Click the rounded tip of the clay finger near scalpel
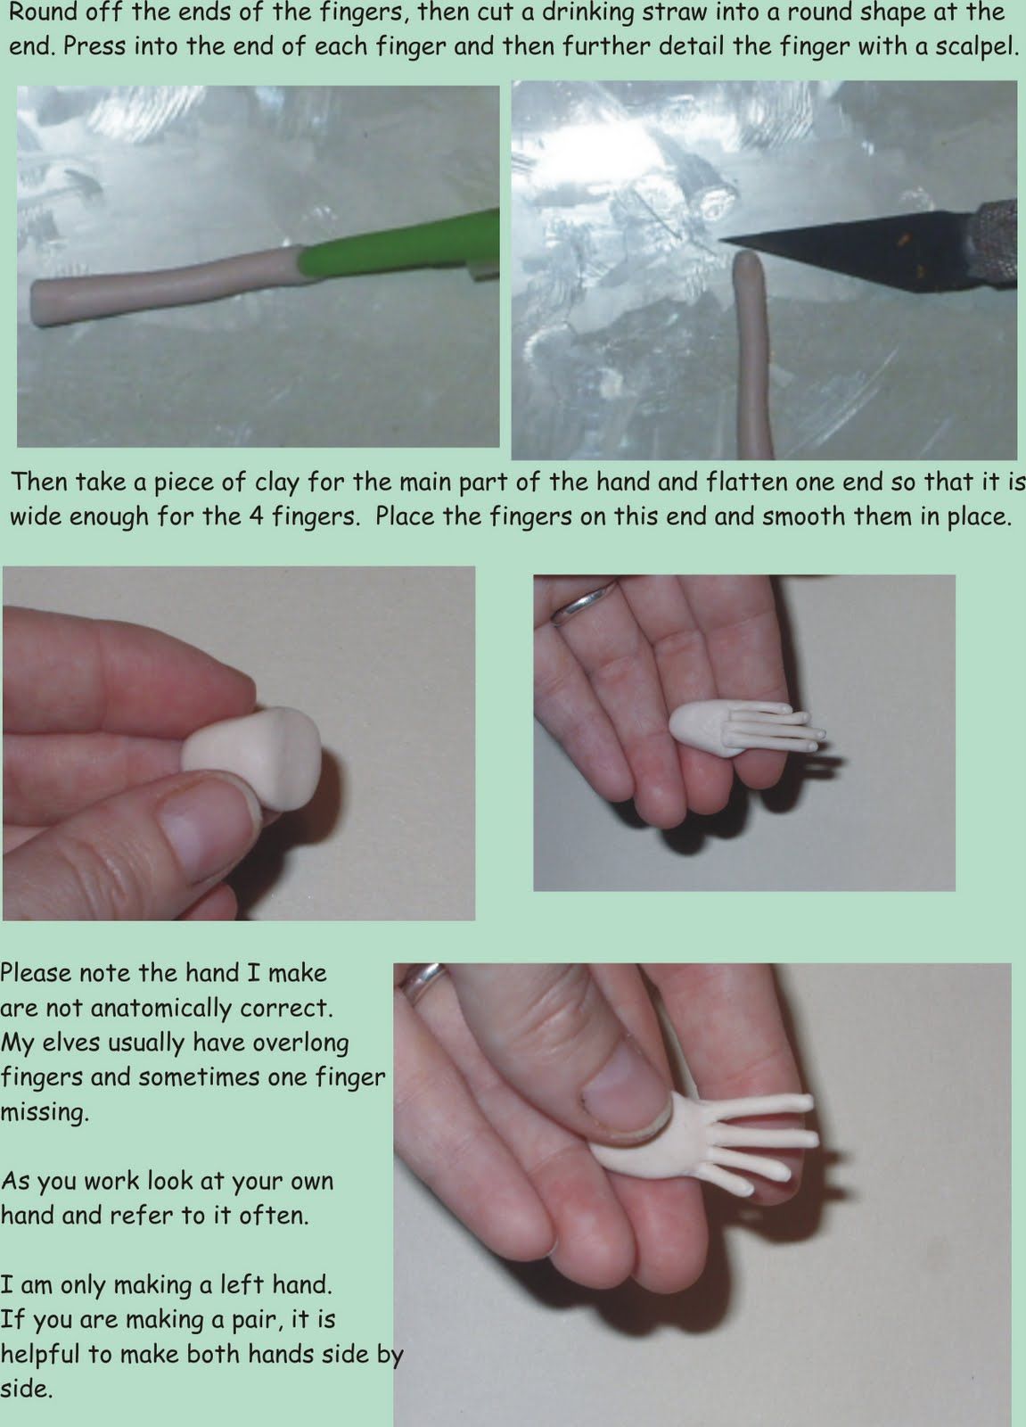(747, 262)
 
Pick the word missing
(44, 1112)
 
